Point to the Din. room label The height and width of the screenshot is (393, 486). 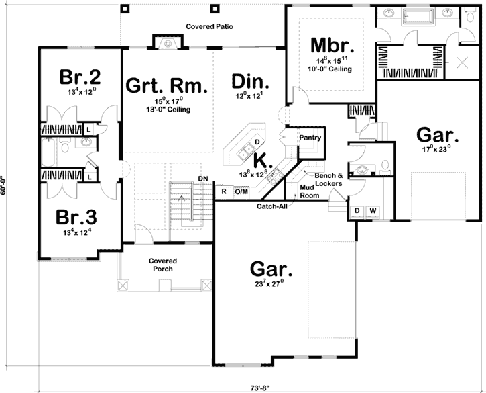251,82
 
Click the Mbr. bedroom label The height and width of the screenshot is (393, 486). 332,46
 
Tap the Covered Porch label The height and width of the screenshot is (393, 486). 162,264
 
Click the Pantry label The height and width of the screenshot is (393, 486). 310,138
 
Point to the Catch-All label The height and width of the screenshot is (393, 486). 272,207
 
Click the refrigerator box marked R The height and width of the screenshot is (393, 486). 223,191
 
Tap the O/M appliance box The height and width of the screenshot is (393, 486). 241,191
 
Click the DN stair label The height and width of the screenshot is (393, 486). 203,178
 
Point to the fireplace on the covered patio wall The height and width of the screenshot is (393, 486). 167,43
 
